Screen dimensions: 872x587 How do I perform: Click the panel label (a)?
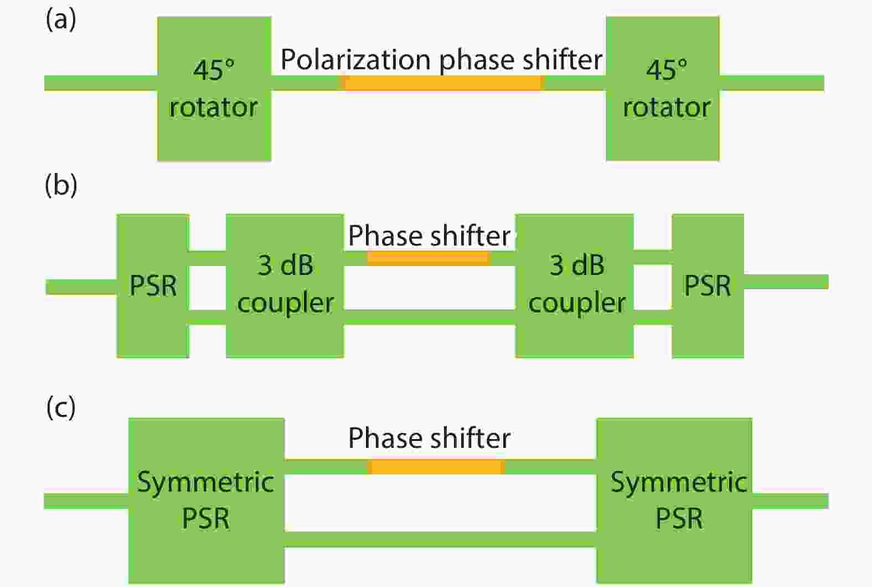(x=61, y=20)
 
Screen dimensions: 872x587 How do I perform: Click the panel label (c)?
(x=61, y=408)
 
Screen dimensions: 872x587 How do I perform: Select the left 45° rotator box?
(x=214, y=89)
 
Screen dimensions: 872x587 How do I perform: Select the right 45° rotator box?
(x=663, y=89)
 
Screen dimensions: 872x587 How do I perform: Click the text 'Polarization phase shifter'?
(x=441, y=60)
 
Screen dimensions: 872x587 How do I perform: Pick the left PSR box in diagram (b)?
(x=153, y=285)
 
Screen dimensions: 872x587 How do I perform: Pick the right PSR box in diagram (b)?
(x=708, y=285)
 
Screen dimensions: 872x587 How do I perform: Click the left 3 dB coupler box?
(x=285, y=285)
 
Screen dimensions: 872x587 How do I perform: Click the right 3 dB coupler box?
(x=575, y=285)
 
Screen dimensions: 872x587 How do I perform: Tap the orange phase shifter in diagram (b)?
(x=429, y=258)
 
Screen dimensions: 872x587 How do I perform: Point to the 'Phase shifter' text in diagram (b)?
(x=429, y=236)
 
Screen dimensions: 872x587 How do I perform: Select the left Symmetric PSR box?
(x=207, y=501)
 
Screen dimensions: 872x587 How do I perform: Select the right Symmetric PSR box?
(x=674, y=501)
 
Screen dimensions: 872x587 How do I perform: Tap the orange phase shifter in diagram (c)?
(x=436, y=467)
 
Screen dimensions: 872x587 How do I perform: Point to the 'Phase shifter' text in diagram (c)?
(x=429, y=438)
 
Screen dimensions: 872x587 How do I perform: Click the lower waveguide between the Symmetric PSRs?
(x=440, y=539)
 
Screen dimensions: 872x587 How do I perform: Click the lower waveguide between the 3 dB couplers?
(x=430, y=317)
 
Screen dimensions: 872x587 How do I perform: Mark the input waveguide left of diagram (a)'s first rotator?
(x=101, y=83)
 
